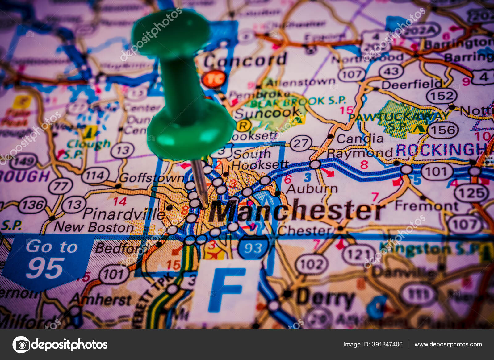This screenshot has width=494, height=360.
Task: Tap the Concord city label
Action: pyautogui.click(x=245, y=60)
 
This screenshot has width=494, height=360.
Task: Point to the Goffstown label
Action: pyautogui.click(x=151, y=178)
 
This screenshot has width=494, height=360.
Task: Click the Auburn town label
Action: pyautogui.click(x=312, y=189)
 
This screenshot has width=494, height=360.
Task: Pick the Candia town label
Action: pyautogui.click(x=360, y=139)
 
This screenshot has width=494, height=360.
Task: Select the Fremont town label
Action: pyautogui.click(x=426, y=205)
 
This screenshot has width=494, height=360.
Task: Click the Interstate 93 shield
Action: pyautogui.click(x=253, y=248)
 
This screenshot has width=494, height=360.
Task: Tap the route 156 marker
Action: pyautogui.click(x=443, y=130)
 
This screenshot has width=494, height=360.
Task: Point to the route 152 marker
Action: pyautogui.click(x=442, y=96)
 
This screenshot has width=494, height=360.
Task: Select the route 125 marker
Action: pyautogui.click(x=471, y=193)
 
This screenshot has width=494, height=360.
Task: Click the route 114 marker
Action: pyautogui.click(x=95, y=176)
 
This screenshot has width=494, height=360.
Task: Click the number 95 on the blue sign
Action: pyautogui.click(x=45, y=268)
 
